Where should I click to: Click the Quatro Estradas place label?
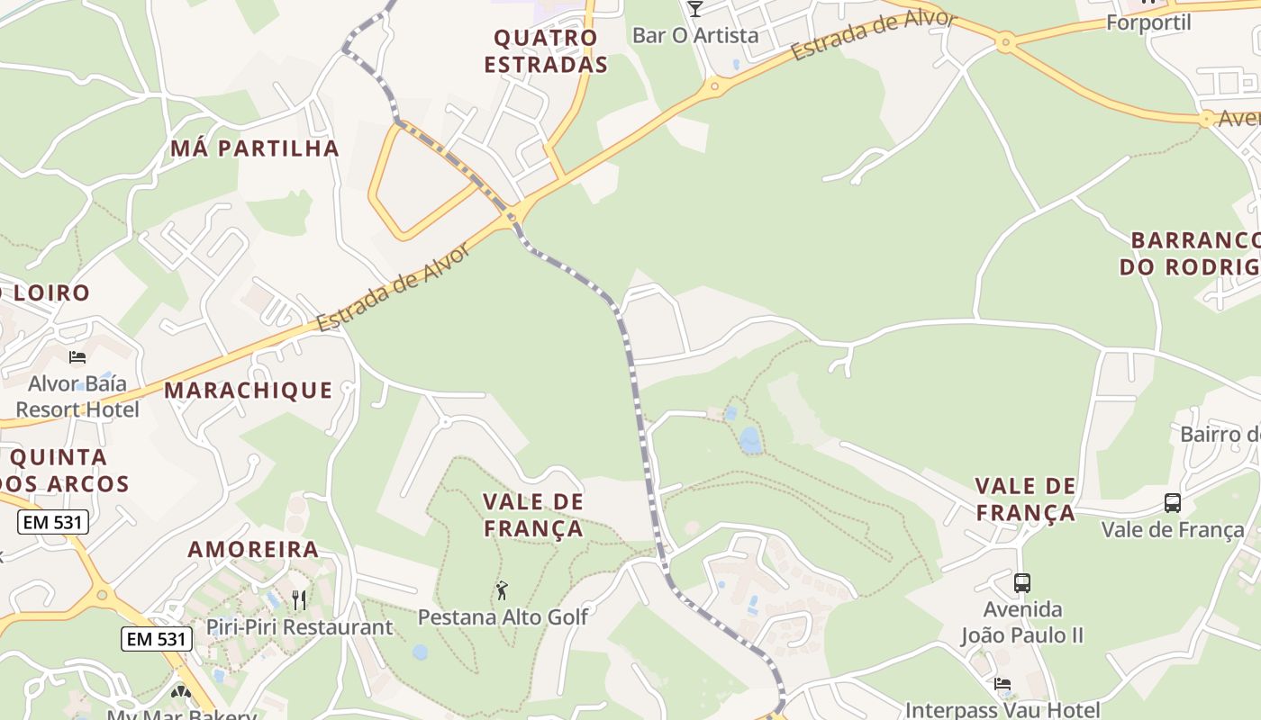[x=546, y=51]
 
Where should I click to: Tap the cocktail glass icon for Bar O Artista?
[x=694, y=9]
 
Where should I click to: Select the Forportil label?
[x=1148, y=22]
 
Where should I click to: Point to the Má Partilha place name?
[x=255, y=148]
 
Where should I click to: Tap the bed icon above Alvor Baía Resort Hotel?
[x=77, y=357]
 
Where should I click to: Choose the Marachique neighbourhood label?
[x=249, y=391]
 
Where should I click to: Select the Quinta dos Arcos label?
[x=65, y=471]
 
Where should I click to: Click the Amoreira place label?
[x=253, y=549]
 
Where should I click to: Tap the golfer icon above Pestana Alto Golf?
[x=502, y=591]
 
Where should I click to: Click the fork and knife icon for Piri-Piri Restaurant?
[x=299, y=600]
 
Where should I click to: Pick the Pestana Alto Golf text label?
[x=503, y=617]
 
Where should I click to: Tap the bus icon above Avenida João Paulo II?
[x=1021, y=583]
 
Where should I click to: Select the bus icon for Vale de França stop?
[x=1172, y=503]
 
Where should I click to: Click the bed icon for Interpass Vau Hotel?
[x=1002, y=684]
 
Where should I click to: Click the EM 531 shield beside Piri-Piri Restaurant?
[x=157, y=640]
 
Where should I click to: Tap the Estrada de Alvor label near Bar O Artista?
[x=872, y=37]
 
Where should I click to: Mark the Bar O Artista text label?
[x=695, y=36]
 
